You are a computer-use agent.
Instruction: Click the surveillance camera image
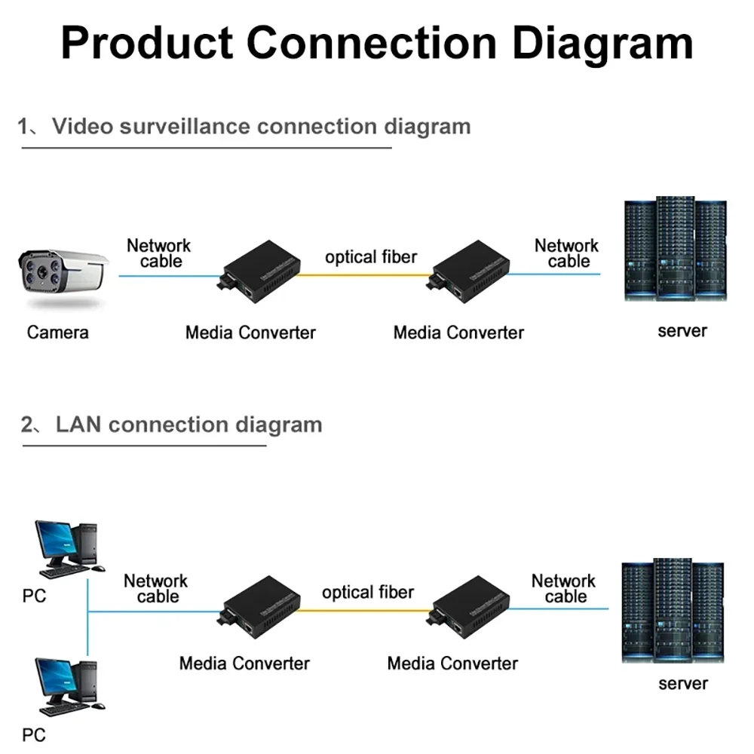63,277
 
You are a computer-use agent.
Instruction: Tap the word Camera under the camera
57,333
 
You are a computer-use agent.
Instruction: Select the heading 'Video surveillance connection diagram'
260,126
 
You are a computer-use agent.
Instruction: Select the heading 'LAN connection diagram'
188,425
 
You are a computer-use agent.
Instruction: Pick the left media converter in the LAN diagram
258,605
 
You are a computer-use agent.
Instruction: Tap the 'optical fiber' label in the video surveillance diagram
371,257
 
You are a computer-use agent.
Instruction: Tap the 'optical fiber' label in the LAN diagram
368,593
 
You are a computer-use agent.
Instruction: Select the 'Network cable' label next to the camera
159,253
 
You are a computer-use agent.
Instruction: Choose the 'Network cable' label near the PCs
156,589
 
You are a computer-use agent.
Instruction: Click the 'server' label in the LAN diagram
683,684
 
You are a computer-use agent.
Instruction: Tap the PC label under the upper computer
34,596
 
